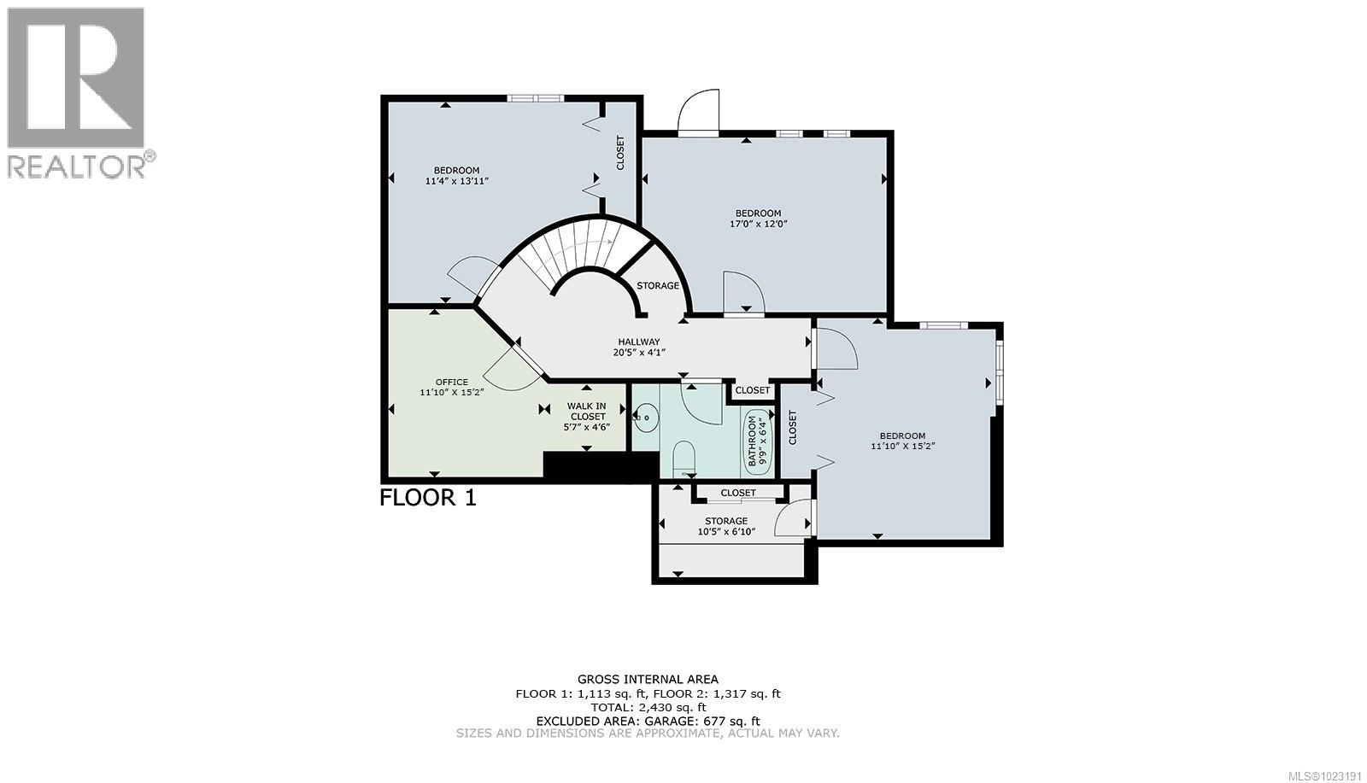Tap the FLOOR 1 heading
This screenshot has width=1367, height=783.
427,497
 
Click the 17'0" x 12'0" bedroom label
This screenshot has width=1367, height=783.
758,219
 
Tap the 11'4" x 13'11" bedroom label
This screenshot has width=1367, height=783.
456,175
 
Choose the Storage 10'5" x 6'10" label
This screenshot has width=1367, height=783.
725,526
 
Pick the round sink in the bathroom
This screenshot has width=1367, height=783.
647,418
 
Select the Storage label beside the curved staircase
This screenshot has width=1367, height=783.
657,285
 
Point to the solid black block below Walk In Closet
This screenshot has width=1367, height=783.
601,466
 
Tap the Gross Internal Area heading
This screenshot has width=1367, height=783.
647,680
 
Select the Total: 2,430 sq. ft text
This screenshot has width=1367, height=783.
647,707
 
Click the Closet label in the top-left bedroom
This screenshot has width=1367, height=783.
620,152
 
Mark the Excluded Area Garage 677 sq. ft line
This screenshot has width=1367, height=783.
647,721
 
